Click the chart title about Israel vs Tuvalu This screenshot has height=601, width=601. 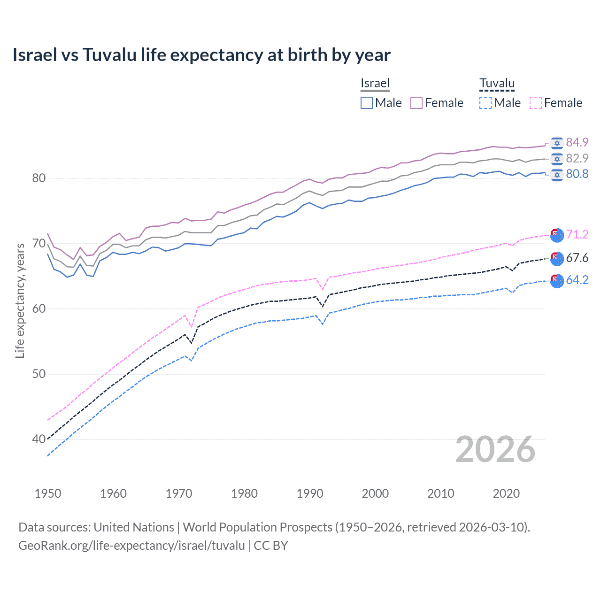pos(201,55)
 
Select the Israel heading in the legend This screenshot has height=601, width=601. pos(375,83)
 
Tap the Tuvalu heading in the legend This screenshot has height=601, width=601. pos(497,83)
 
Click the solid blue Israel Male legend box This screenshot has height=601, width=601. pos(367,103)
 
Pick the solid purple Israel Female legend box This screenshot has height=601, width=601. pos(416,103)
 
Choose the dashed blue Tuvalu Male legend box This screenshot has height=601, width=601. pos(485,103)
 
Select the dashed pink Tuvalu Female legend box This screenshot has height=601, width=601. pos(536,103)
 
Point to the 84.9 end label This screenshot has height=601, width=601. pos(577,142)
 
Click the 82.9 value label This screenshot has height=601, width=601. pos(577,158)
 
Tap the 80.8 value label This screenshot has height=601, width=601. pos(577,174)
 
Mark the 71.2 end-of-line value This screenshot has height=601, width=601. pos(577,234)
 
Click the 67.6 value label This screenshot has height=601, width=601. pos(577,258)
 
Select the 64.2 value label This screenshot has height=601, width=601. pos(577,280)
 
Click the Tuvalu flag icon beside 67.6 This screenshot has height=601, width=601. pos(557,258)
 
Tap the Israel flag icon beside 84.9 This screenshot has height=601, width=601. pos(557,143)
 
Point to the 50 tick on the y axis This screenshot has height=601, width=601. pos(39,374)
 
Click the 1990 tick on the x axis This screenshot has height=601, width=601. pos(310,493)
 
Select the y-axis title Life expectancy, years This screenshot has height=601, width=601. pos(20,300)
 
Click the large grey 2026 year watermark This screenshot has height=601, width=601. pos(495,449)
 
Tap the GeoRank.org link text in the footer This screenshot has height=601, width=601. pos(131,546)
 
